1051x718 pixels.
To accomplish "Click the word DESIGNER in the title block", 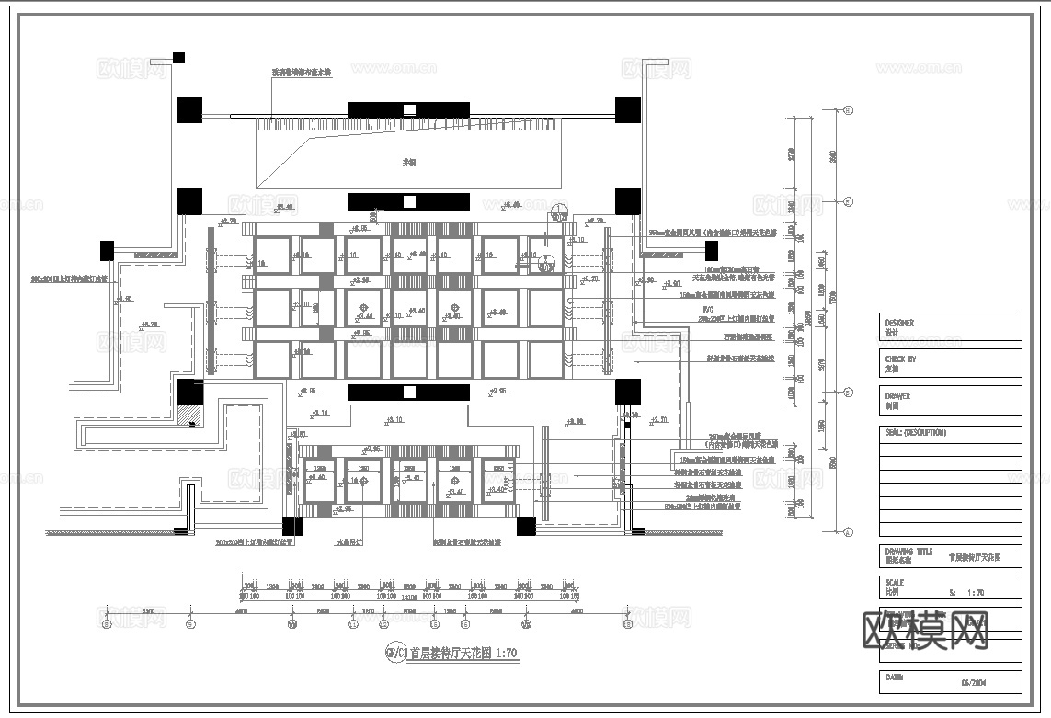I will click(899, 323).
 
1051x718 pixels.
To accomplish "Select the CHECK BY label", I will click(900, 359).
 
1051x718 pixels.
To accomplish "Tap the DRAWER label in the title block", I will click(897, 396).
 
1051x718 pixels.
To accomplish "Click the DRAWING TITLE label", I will click(908, 552).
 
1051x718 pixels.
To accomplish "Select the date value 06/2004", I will click(974, 683).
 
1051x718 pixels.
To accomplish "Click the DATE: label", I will click(894, 677).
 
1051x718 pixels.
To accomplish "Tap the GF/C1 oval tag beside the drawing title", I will click(394, 654).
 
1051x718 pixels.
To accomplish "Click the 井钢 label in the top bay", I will click(409, 162).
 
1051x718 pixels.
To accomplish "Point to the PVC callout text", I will click(708, 310).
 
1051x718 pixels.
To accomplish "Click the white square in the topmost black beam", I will click(410, 109).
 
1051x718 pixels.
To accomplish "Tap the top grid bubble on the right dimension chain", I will click(847, 110).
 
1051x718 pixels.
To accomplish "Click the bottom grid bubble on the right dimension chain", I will click(847, 531).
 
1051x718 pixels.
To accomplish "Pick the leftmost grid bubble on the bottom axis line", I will click(107, 624).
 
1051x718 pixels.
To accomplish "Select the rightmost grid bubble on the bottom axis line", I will click(629, 624).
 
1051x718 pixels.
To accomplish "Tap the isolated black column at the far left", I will click(107, 250).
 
